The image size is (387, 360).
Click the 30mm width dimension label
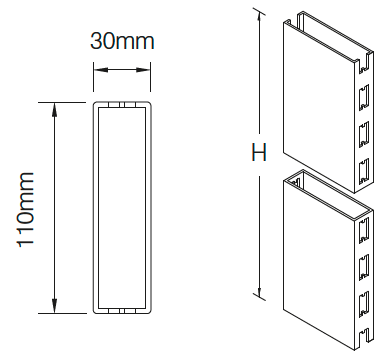(122, 41)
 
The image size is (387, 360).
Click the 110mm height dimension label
(25, 210)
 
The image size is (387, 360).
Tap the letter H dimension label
(259, 153)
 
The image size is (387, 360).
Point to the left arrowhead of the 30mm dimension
(101, 70)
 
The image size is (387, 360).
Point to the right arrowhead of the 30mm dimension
(143, 70)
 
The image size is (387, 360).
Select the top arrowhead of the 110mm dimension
(54, 109)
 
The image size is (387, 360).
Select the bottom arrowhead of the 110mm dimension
(54, 306)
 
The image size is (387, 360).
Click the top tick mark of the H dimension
(259, 12)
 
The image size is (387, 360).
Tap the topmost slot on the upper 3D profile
(364, 63)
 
